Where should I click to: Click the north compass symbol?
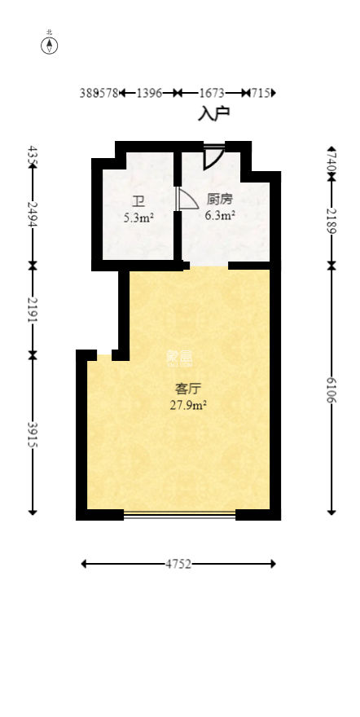pyautogui.click(x=50, y=45)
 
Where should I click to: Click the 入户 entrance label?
pyautogui.click(x=213, y=113)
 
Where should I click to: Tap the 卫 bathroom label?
pyautogui.click(x=138, y=201)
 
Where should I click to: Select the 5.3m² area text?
pyautogui.click(x=138, y=218)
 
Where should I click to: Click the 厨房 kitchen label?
pyautogui.click(x=220, y=199)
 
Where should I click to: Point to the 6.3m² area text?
pyautogui.click(x=220, y=216)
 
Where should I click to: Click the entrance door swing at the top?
pyautogui.click(x=213, y=156)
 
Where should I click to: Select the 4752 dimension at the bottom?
pyautogui.click(x=178, y=564)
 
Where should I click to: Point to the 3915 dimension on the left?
pyautogui.click(x=33, y=433)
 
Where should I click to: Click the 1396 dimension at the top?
pyautogui.click(x=149, y=94)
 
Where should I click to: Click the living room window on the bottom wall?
pyautogui.click(x=179, y=513)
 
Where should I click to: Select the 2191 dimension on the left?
pyautogui.click(x=33, y=310)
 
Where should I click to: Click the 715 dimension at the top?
pyautogui.click(x=261, y=94)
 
